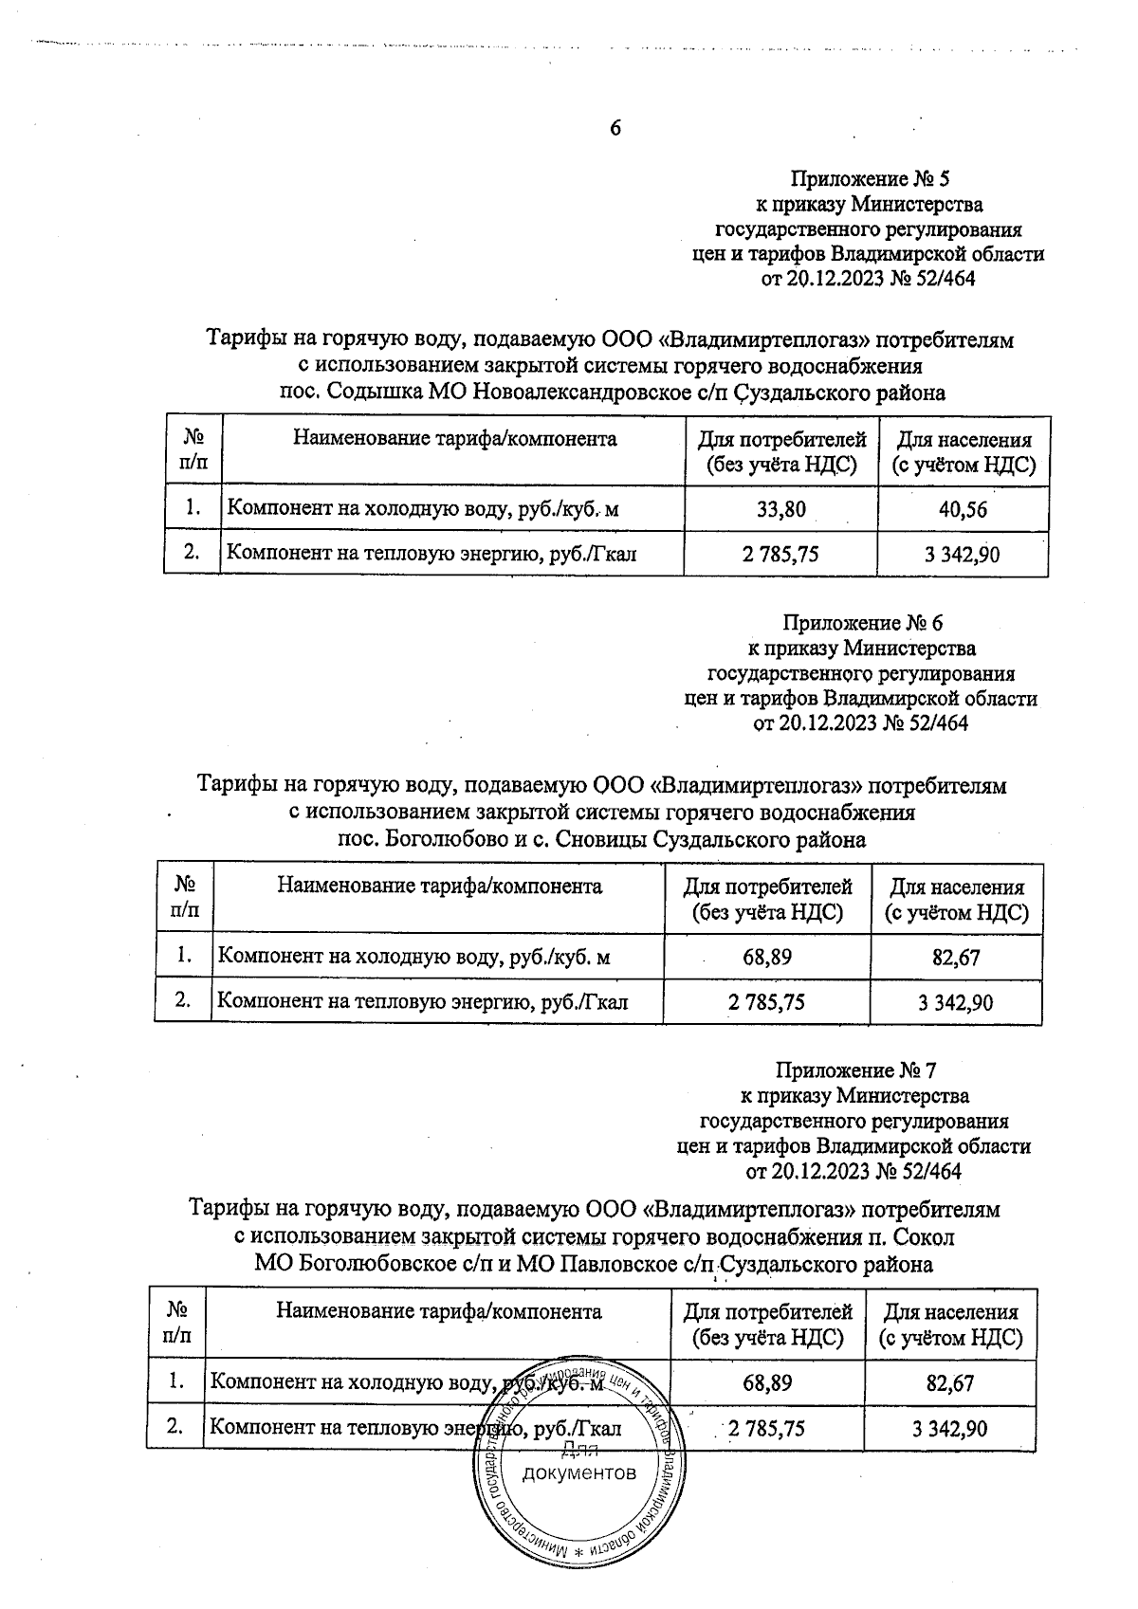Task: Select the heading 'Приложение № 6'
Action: click(x=862, y=623)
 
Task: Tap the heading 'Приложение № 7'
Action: click(x=855, y=1070)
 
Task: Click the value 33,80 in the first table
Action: click(x=781, y=510)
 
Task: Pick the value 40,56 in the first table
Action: click(x=963, y=510)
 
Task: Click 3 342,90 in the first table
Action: click(x=963, y=555)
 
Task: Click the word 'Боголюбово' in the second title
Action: click(x=435, y=839)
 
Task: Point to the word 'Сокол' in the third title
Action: click(x=927, y=1237)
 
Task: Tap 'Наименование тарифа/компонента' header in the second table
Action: click(x=439, y=886)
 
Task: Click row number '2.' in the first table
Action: click(x=192, y=553)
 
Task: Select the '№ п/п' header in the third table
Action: click(x=176, y=1324)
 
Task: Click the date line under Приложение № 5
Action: click(x=869, y=279)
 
